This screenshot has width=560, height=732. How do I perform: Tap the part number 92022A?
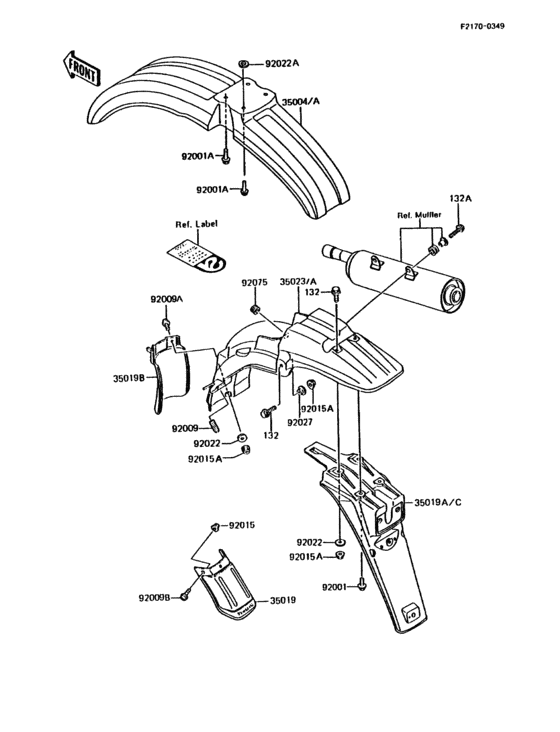click(282, 64)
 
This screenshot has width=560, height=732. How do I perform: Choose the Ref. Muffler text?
click(417, 214)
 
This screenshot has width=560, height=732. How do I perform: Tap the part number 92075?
click(254, 283)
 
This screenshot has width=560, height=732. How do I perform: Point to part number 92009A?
click(167, 299)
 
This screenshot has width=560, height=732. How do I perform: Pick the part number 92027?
click(300, 422)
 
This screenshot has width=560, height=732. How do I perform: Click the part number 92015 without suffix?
click(242, 525)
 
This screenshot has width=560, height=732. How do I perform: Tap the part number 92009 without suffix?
click(187, 428)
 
